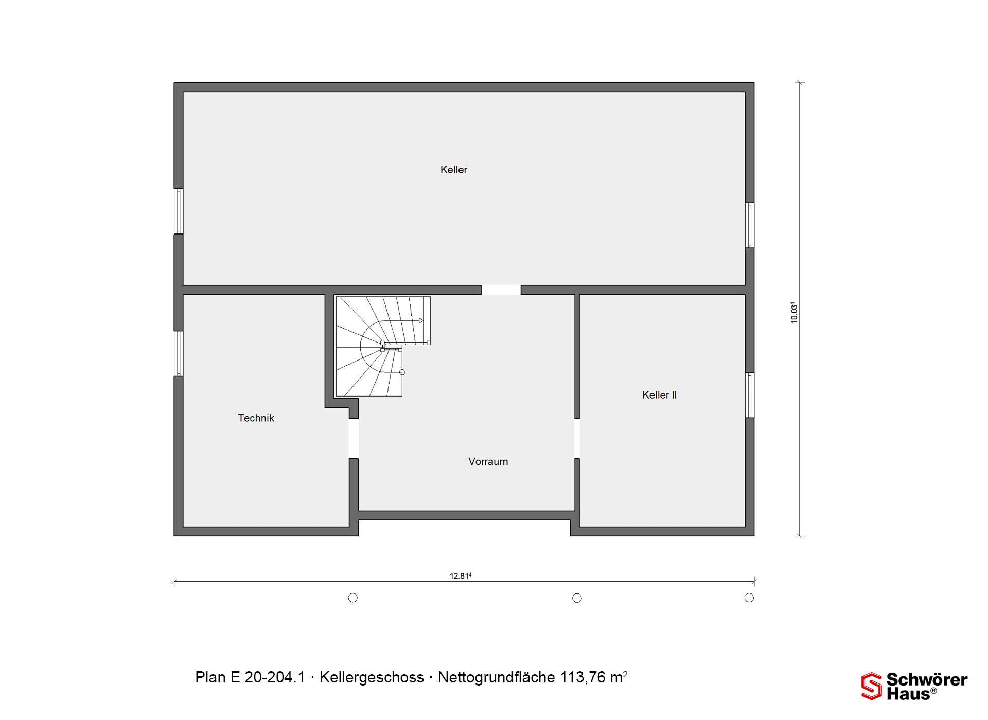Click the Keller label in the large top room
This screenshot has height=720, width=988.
[453, 170]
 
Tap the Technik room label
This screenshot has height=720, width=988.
[256, 418]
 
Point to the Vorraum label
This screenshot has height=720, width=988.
[488, 462]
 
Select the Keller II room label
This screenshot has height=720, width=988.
[659, 395]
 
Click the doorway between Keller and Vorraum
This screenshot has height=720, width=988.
[501, 290]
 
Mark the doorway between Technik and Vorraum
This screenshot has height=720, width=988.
[354, 438]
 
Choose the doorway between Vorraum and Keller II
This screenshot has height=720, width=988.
[577, 438]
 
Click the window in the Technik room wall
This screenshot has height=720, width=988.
[179, 354]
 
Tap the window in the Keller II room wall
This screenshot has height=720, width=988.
[750, 395]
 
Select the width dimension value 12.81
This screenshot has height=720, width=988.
[461, 576]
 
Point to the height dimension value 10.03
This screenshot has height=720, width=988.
[794, 312]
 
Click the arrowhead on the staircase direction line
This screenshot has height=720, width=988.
[421, 321]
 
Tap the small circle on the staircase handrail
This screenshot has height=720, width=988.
[402, 372]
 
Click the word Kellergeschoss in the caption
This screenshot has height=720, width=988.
[372, 677]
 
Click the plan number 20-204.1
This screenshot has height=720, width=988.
[275, 677]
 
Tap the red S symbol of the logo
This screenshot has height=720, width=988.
[872, 686]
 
